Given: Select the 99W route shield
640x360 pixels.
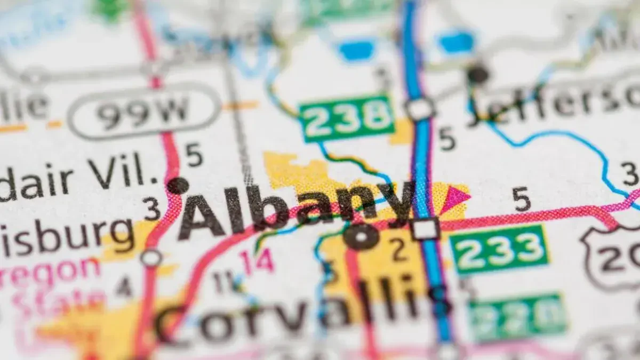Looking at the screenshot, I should click(x=145, y=111).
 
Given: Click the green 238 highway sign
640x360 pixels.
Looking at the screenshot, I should click(x=347, y=118).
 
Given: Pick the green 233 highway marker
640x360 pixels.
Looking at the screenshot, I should click(x=499, y=249).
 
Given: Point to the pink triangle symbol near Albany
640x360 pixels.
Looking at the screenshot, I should click(x=455, y=198).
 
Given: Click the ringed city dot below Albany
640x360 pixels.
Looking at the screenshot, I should click(x=361, y=236).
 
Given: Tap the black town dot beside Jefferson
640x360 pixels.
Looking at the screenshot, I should click(x=477, y=74).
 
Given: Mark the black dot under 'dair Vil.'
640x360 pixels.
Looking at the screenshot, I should click(x=178, y=186).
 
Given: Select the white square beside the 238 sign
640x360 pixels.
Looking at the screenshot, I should click(x=420, y=109).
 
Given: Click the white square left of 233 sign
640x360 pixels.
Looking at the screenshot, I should click(x=426, y=229).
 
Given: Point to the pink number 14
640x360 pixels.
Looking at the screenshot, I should click(x=257, y=261).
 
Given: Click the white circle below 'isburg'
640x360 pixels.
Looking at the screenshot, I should click(x=151, y=258).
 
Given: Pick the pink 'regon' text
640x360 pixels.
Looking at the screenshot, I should click(x=51, y=270).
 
